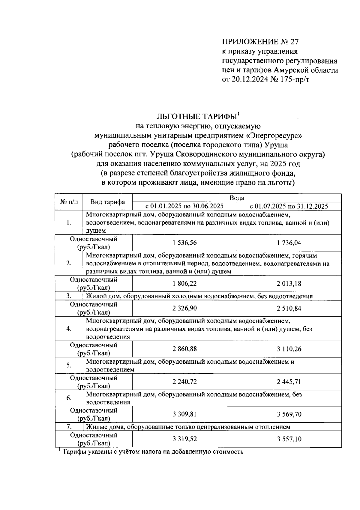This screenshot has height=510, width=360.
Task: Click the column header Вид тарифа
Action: coord(107,202)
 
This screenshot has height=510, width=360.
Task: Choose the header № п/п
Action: coord(69,202)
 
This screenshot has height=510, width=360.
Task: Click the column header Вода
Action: coord(236,198)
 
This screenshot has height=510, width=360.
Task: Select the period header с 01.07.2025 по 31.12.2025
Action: coord(289,206)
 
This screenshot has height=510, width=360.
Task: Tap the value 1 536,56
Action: coord(184,243)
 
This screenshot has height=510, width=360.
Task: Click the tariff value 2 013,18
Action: coord(289,283)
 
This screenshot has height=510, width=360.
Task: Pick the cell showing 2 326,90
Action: coord(184,308)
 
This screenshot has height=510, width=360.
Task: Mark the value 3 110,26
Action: coord(289,349)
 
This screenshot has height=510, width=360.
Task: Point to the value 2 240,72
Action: coord(184,382)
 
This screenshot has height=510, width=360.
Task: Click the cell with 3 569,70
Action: coord(289,414)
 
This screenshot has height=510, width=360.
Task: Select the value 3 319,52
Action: coord(184,439)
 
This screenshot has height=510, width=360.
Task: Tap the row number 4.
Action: coord(69,329)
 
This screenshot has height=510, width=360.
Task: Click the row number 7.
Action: coord(69,427)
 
